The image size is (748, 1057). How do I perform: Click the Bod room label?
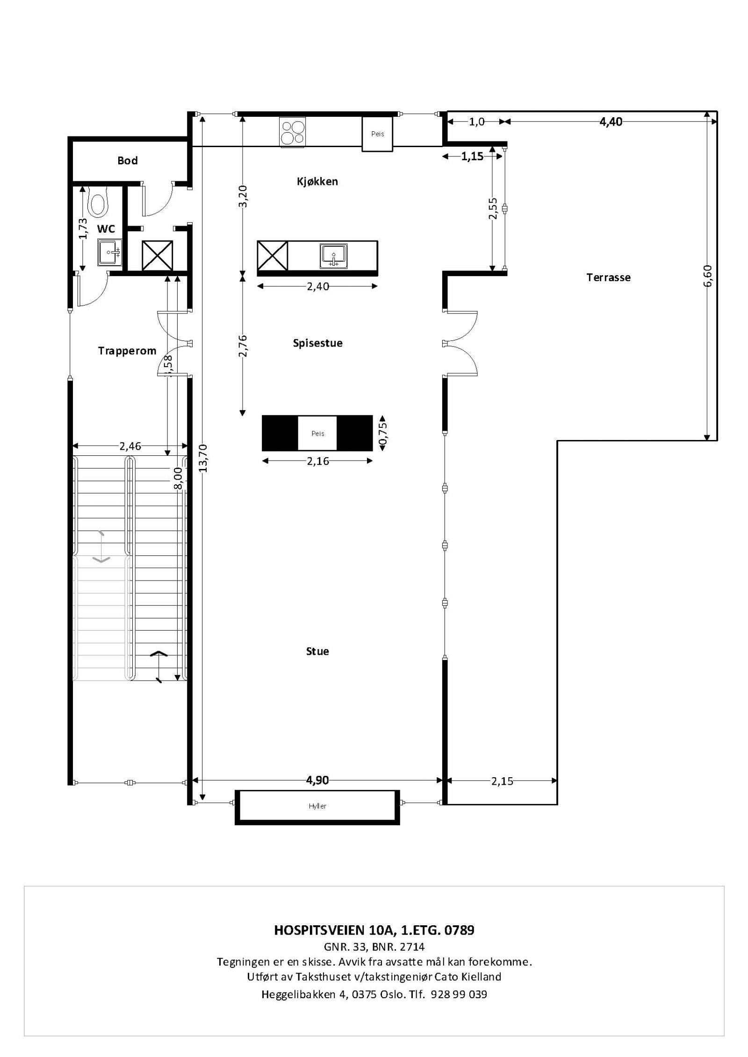pos(127,161)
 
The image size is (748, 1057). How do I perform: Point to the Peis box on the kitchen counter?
pos(377,134)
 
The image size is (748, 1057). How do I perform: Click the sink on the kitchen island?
pos(334,255)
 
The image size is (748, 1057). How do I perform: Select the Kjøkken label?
pos(317,181)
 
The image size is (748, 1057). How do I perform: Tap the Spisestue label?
pos(317,343)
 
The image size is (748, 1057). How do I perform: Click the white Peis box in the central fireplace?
pos(317,433)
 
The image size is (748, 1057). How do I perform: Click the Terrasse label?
pos(608,277)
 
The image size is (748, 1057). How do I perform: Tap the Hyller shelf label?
pos(317,806)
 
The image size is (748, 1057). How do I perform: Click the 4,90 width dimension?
pos(317,780)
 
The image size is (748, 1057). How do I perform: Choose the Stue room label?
pos(317,651)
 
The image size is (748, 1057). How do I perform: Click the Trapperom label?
pos(127,351)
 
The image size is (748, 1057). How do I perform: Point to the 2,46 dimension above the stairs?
pos(130,446)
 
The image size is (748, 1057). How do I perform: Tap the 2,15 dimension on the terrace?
pos(502,781)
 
